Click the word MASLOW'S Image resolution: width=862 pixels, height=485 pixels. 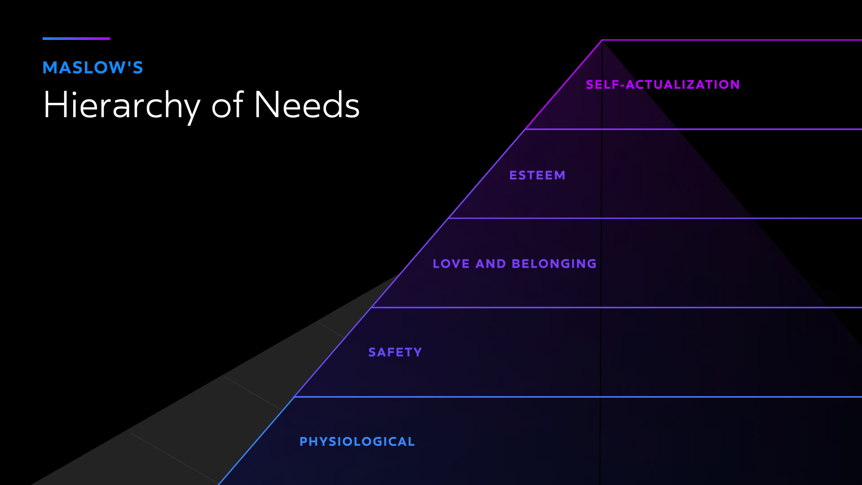pos(92,68)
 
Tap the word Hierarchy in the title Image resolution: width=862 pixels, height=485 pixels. pos(121,106)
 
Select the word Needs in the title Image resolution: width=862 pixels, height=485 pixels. pos(307,105)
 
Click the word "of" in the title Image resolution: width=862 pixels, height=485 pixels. pos(227,106)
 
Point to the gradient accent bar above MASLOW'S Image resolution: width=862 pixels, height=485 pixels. pos(76,39)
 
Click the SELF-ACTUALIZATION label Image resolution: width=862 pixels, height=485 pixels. pos(663,84)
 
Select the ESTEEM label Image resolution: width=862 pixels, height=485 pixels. pos(537,175)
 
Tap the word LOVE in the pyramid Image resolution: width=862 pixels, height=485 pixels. pos(451,264)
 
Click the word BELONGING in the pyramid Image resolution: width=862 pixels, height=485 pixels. pos(554,264)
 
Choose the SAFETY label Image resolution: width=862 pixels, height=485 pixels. pos(395,352)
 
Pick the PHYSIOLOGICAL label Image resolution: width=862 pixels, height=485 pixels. pos(357,441)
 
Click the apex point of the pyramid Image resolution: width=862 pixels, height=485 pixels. pos(602,40)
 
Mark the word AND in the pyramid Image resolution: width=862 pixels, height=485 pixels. pos(491,264)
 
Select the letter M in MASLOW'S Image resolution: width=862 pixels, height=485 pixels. pos(50,68)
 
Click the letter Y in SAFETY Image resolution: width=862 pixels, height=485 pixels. pos(418,352)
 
